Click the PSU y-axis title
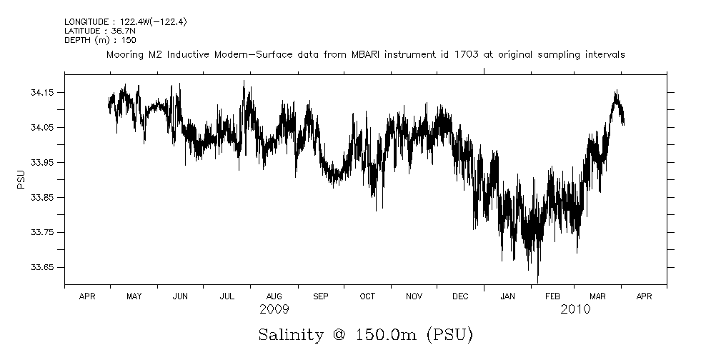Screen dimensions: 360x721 21,179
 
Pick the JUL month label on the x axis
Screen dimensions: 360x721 227,296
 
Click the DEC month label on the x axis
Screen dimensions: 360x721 460,296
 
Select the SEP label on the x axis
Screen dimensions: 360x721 320,296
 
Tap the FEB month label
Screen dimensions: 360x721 553,296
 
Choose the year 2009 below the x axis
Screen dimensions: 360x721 274,309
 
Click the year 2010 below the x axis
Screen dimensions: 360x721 575,309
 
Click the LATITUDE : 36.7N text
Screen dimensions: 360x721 92,31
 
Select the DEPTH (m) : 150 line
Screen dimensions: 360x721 90,40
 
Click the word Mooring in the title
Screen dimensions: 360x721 125,55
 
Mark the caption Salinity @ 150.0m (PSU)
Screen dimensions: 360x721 365,334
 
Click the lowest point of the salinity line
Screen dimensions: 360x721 537,281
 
